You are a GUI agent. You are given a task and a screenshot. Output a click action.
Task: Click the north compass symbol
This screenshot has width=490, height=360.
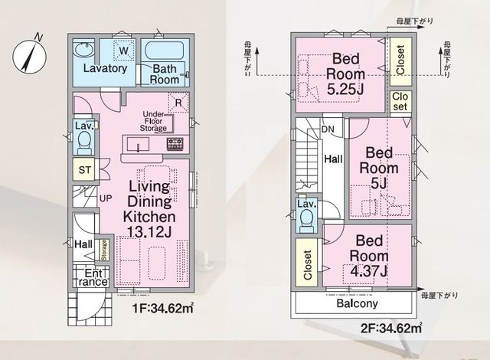(29, 56)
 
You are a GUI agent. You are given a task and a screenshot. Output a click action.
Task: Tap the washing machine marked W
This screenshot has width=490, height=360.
(124, 50)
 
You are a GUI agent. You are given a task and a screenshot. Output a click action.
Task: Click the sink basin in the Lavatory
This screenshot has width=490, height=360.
(83, 50)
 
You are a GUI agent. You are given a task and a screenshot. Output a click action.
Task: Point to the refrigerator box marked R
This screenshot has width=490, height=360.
(178, 103)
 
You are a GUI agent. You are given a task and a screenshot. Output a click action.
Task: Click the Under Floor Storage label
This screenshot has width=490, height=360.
(153, 121)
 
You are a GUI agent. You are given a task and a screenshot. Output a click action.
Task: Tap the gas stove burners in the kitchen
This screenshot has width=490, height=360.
(175, 144)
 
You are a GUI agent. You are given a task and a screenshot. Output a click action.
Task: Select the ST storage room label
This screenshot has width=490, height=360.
(85, 170)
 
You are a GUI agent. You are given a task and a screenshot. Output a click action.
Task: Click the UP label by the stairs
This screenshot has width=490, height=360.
(106, 198)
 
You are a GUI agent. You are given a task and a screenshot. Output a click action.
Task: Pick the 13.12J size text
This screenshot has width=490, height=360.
(149, 231)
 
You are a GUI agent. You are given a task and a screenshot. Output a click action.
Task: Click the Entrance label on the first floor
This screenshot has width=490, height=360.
(93, 277)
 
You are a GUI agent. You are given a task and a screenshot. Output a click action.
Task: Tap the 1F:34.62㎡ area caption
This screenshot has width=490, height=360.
(163, 309)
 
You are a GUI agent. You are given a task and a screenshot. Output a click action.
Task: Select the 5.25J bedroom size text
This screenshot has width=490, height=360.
(345, 90)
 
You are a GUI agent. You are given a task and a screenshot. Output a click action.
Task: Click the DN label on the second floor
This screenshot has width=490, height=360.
(328, 129)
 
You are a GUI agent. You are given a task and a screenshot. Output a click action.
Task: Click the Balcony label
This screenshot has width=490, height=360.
(358, 303)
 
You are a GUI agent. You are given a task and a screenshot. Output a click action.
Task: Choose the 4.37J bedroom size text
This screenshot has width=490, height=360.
(369, 270)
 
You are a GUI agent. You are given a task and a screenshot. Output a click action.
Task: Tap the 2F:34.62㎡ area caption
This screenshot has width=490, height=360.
(391, 328)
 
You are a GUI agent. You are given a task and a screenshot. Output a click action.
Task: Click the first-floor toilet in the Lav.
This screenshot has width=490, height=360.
(84, 142)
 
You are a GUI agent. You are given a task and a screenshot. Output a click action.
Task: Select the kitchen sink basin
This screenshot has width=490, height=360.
(138, 144)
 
